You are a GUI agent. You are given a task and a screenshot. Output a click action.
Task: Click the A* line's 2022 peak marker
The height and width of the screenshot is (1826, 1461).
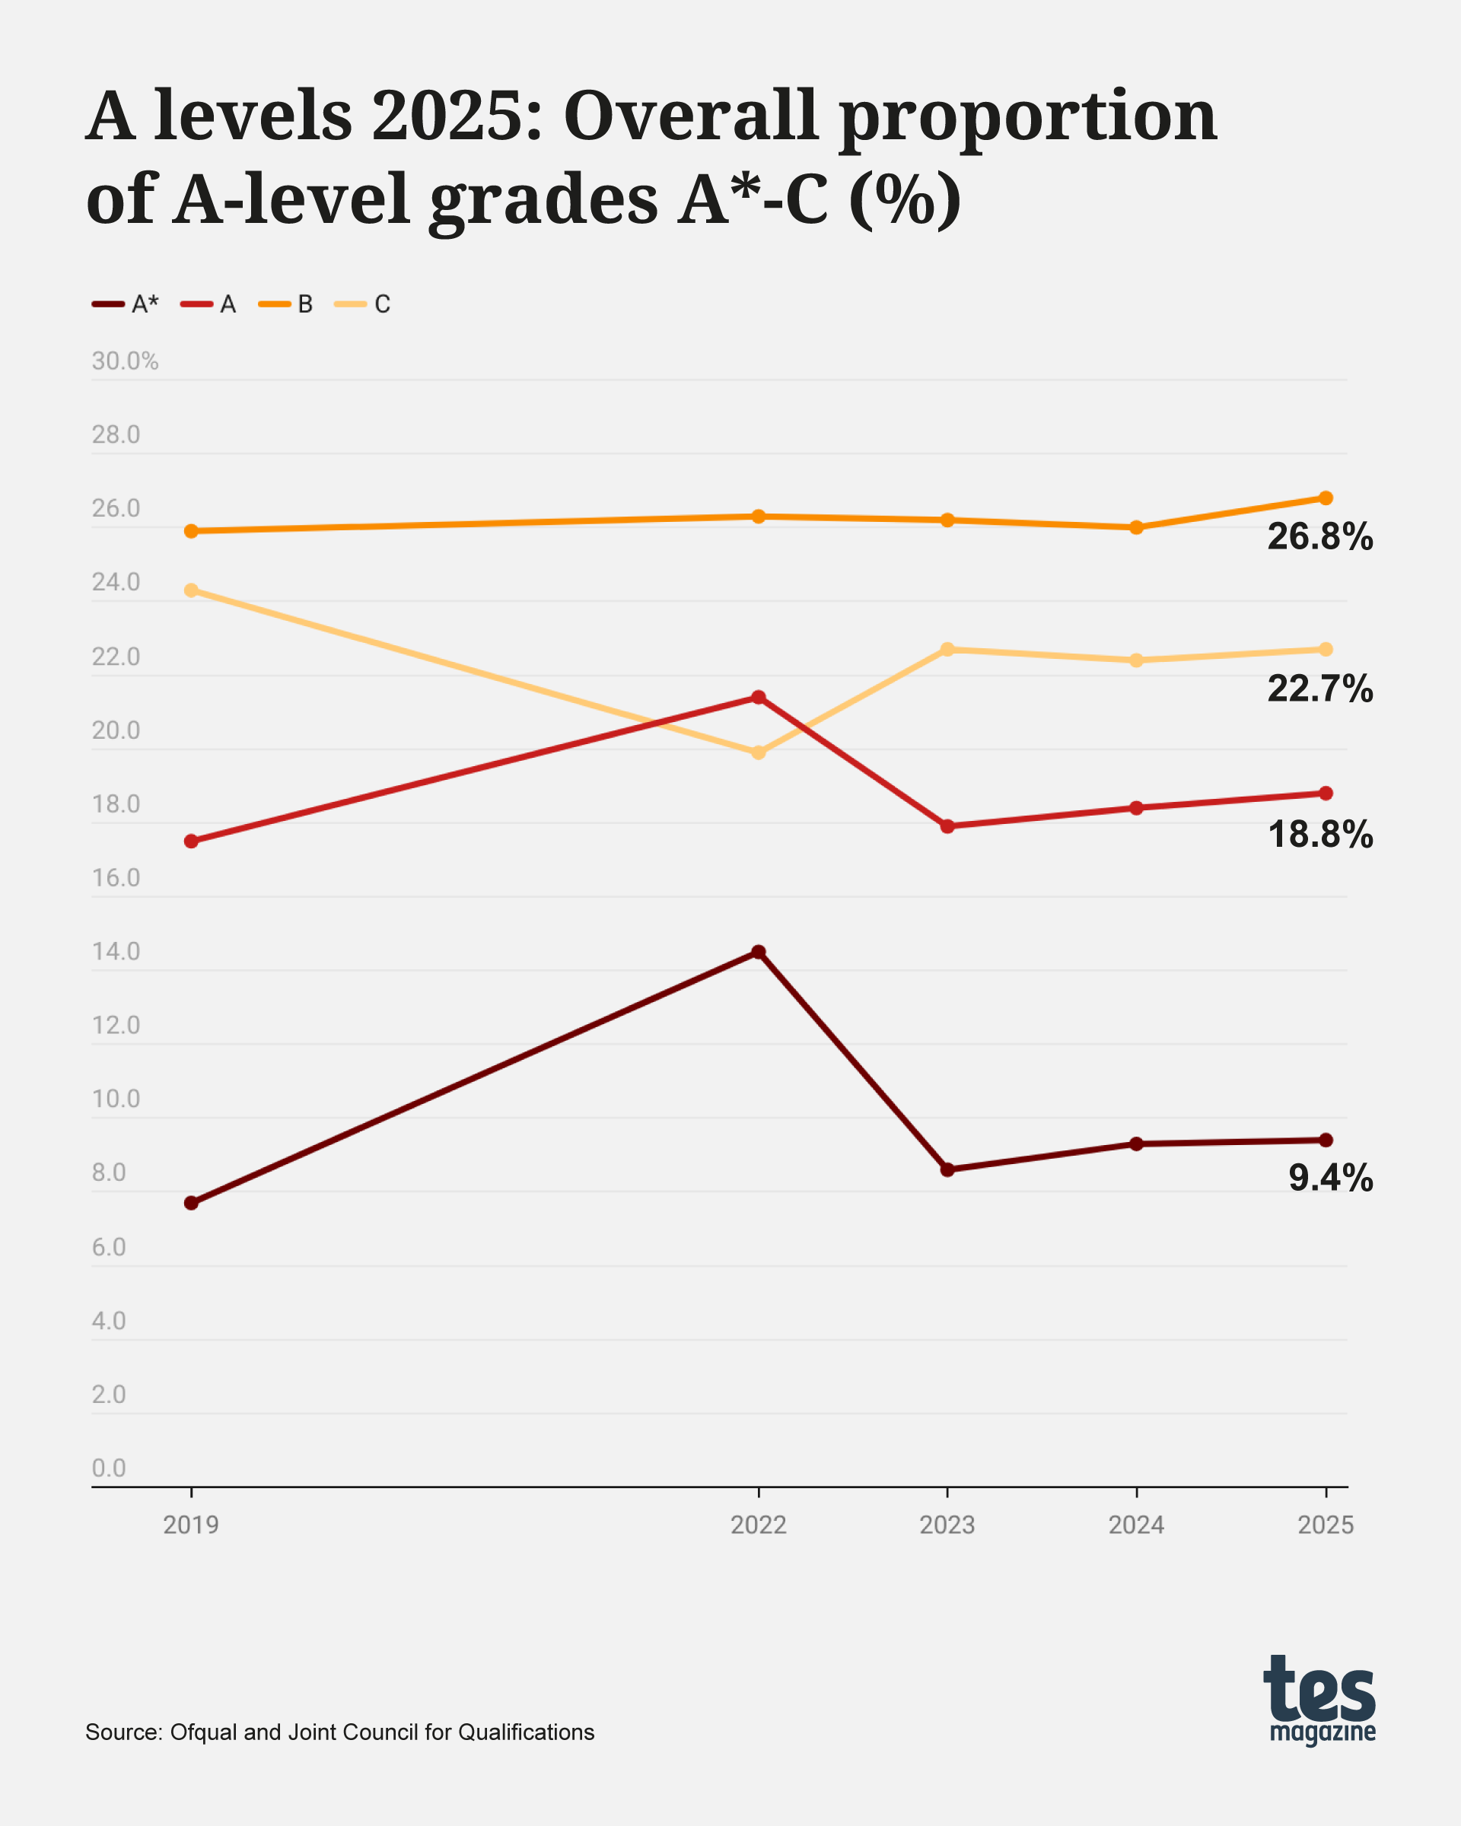point(759,952)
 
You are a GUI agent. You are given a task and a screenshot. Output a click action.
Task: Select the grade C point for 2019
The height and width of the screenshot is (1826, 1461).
point(192,590)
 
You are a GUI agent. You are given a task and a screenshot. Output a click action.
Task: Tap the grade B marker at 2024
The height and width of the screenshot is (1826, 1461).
point(1137,526)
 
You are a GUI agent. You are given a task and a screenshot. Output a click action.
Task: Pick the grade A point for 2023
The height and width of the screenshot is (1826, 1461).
point(947,826)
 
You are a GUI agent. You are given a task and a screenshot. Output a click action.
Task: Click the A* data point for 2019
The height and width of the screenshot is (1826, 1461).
point(192,1203)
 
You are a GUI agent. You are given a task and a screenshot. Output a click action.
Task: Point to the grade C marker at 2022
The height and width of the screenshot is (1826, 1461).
point(759,752)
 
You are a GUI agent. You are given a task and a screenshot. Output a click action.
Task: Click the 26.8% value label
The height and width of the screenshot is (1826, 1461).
point(1319,537)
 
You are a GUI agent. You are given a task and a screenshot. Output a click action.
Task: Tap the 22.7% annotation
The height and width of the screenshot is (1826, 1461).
point(1319,689)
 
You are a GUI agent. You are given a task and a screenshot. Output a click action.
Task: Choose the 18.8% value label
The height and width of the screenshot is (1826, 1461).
point(1319,835)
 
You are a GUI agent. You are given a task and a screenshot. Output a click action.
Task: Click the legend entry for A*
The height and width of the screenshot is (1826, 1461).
point(126,304)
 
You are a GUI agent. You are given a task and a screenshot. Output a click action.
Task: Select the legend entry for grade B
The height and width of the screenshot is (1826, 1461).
point(291,304)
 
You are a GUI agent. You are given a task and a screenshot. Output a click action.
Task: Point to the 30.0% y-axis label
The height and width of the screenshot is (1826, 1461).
point(126,361)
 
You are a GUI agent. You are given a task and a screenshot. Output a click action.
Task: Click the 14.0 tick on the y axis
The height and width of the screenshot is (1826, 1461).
point(116,952)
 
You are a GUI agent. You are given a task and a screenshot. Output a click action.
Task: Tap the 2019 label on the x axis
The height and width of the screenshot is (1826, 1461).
point(192,1525)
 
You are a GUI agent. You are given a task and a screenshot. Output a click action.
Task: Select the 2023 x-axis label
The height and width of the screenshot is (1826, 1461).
point(947,1525)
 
